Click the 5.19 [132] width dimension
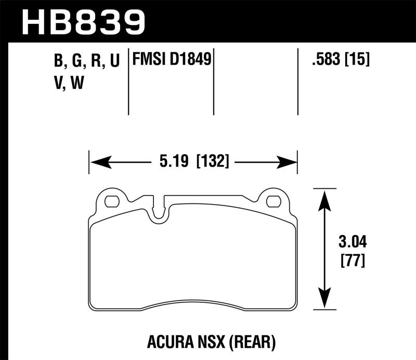193,162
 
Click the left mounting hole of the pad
111,201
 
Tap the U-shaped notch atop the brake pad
160,211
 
